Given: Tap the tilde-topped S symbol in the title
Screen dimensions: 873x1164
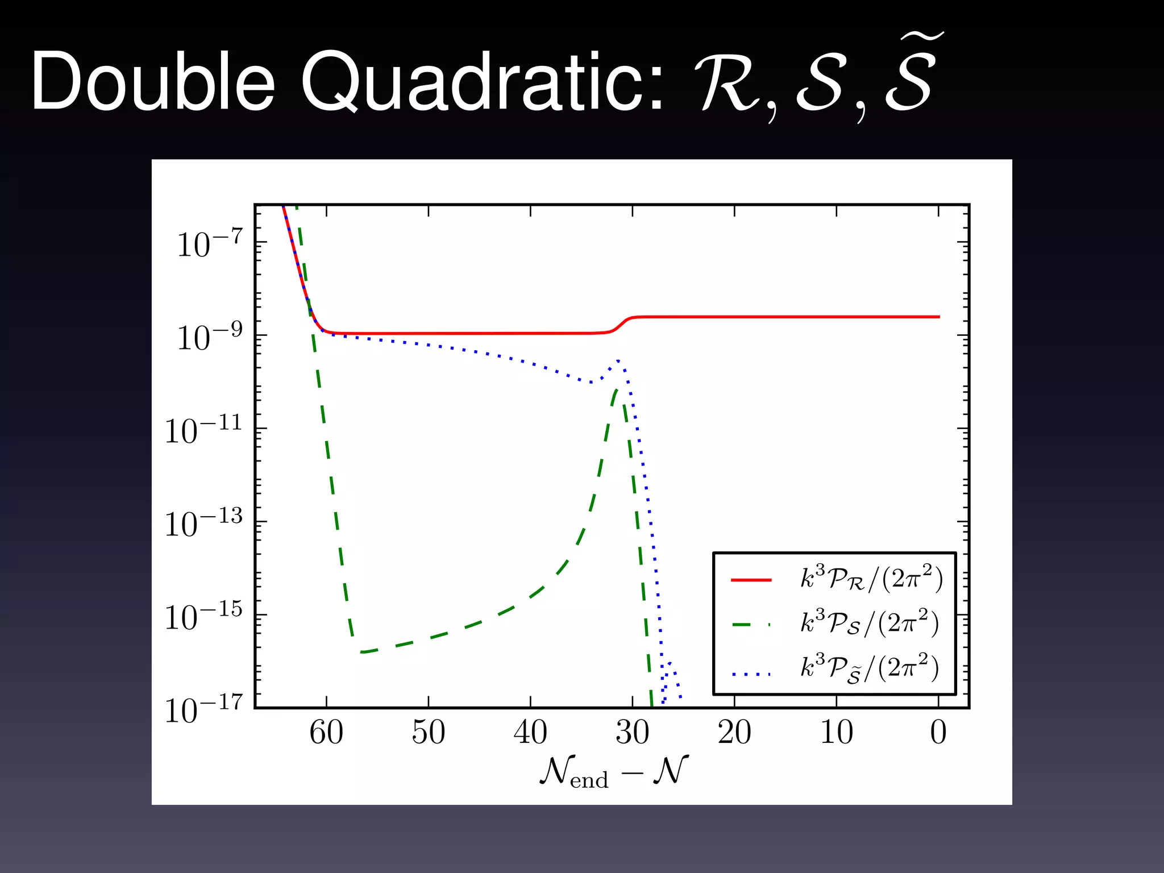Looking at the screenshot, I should pos(909,77).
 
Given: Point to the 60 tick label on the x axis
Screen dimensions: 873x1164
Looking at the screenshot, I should pos(326,732).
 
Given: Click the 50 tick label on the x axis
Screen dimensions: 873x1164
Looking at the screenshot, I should pos(428,732).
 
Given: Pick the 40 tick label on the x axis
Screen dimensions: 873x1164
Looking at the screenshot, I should pos(530,732).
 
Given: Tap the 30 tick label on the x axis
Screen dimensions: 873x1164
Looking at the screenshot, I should pos(632,732).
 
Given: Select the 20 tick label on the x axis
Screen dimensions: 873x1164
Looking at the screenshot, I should pos(734,732).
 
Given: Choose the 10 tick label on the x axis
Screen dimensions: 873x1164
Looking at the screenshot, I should pos(836,732).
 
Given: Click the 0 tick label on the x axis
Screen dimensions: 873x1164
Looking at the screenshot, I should pos(938,732).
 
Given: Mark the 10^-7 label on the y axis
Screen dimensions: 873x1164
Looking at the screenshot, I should pos(210,243).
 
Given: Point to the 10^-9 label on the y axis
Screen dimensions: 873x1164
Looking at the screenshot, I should pos(210,336).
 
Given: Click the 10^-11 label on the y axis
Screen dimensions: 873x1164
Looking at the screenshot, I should pos(203,430).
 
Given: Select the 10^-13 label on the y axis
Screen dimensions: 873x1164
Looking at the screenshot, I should pos(203,523).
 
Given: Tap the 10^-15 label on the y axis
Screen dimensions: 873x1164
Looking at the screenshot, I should pos(203,616).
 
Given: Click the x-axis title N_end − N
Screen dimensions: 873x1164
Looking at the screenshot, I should pos(614,772).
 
